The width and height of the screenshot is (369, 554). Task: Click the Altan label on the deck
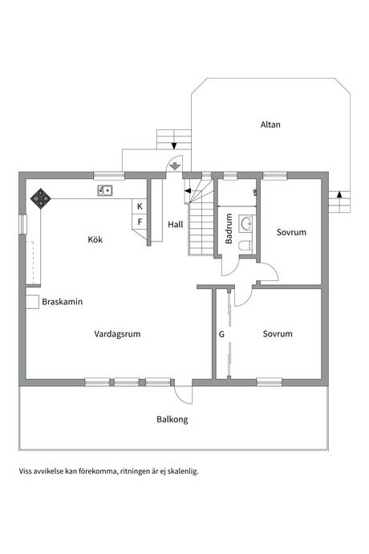point(270,124)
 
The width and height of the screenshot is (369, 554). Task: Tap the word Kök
point(95,239)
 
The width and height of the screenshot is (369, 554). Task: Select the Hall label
point(176,224)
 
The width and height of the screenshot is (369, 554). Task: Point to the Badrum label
point(229,228)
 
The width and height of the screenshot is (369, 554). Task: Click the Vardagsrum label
point(117,334)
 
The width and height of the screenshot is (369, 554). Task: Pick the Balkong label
point(172,419)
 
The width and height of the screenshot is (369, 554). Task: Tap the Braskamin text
point(62,302)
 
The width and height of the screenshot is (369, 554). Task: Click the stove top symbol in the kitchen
point(41,198)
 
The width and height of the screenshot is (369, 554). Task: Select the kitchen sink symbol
point(105,190)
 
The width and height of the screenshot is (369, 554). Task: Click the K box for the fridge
point(140,206)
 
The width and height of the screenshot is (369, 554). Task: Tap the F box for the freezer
point(140,222)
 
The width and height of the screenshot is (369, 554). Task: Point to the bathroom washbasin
point(245,223)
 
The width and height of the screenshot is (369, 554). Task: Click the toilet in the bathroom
point(245,245)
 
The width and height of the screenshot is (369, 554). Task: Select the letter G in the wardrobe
point(221,334)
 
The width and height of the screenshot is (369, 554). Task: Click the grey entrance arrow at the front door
point(175,165)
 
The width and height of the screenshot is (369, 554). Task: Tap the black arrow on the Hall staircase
point(188,191)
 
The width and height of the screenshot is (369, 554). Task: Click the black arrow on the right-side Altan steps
point(339,193)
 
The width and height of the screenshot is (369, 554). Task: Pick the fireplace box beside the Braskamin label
point(32,302)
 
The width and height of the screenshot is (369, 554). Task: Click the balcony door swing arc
point(180,397)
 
